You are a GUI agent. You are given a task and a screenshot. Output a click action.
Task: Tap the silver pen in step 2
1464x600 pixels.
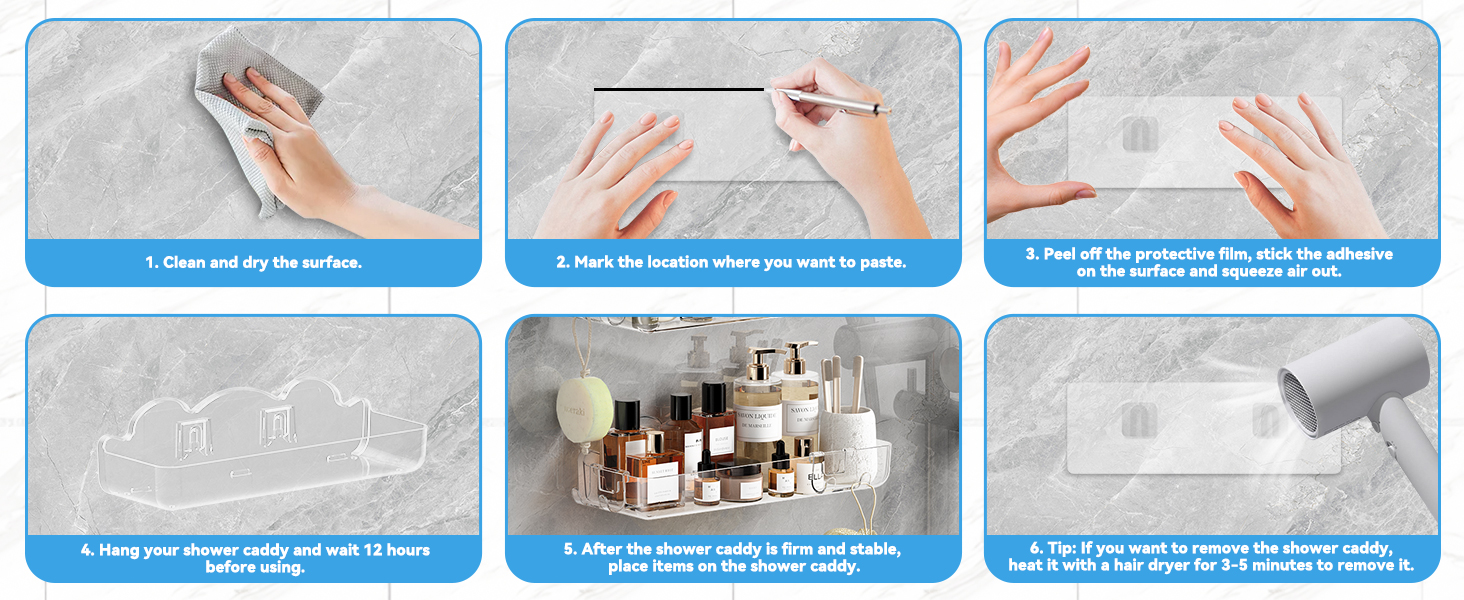(x=831, y=101)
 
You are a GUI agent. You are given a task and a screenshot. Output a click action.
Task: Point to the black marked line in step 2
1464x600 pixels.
(x=678, y=89)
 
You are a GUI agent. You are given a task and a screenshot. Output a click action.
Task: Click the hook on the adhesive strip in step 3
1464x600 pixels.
(x=1140, y=133)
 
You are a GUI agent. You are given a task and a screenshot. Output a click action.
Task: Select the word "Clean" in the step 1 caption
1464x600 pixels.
(x=185, y=263)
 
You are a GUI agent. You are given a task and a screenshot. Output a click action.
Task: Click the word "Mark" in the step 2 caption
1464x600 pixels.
(x=593, y=262)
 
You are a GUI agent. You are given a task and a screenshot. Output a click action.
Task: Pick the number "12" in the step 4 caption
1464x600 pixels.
(x=373, y=550)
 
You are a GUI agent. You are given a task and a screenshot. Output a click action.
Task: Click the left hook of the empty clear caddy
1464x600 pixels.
(x=195, y=436)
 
